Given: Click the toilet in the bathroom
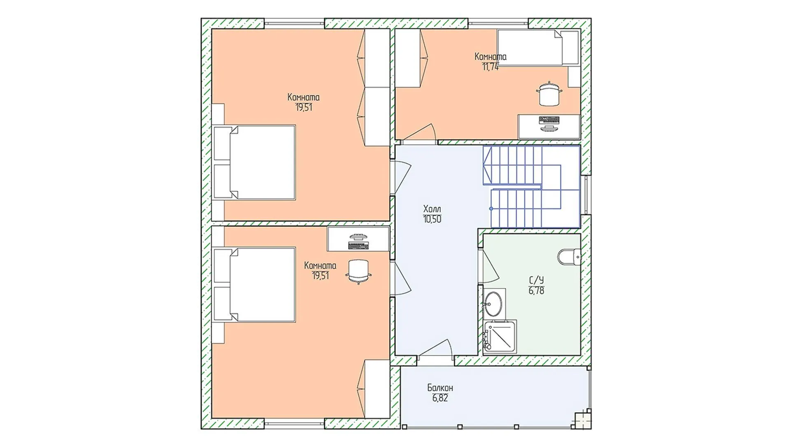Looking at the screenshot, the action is (569, 257).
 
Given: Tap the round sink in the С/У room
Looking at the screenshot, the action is (493, 303).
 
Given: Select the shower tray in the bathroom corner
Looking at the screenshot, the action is (500, 337).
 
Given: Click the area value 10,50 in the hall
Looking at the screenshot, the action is (432, 219).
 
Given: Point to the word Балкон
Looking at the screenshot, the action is (440, 388).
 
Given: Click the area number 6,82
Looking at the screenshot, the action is (440, 398).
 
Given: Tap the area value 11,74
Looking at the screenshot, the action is (490, 67).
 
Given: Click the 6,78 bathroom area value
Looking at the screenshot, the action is (537, 291).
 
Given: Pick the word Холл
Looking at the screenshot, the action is (432, 209).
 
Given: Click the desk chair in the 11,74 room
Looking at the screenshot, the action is (549, 94).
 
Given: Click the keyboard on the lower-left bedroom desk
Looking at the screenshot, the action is (358, 245).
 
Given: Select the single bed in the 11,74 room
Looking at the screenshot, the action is (539, 48).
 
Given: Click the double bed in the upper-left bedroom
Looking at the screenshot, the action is (254, 162).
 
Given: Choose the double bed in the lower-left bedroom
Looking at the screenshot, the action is (254, 284).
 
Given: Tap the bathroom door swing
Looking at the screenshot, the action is (490, 265).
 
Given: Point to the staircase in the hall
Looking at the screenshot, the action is (531, 186).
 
